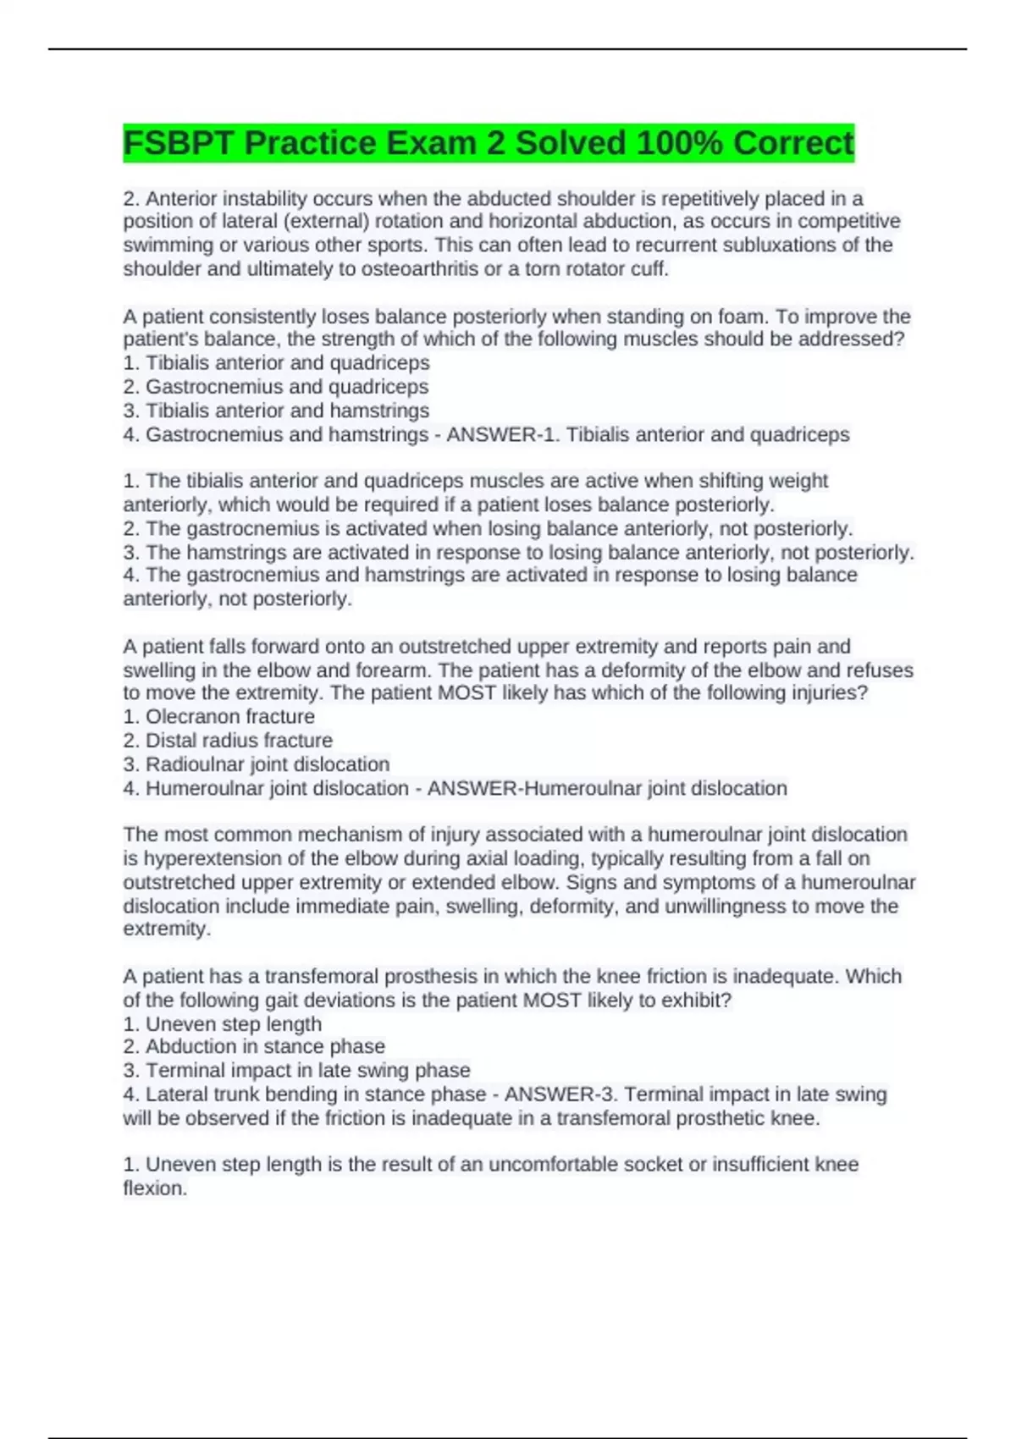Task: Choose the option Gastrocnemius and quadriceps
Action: click(286, 387)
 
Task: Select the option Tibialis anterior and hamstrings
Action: click(287, 411)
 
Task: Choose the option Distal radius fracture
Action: click(239, 740)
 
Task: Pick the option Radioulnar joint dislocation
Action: click(268, 764)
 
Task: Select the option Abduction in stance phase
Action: click(265, 1046)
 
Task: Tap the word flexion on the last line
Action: click(154, 1188)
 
